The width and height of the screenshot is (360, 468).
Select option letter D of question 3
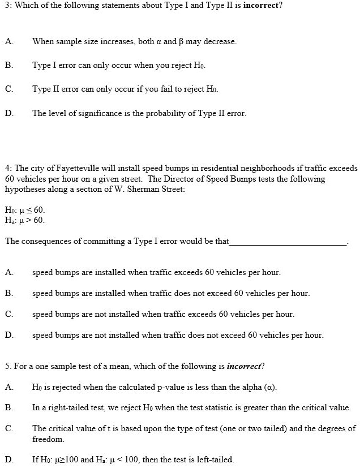[8, 113]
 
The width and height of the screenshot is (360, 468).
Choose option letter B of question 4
[8, 293]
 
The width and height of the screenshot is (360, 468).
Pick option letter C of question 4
[8, 314]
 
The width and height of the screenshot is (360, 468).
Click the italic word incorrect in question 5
[243, 366]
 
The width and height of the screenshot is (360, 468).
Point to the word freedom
[48, 439]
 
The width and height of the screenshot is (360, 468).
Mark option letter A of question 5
[8, 387]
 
